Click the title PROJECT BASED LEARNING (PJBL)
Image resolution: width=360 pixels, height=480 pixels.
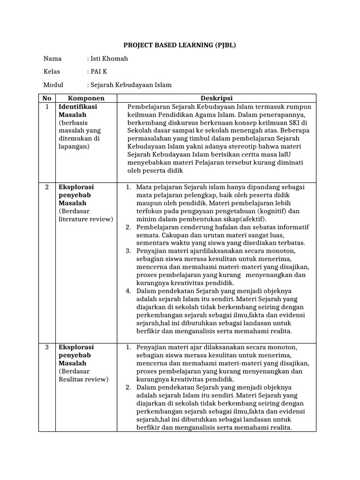(x=180, y=45)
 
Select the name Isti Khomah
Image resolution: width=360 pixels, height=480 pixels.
(x=109, y=59)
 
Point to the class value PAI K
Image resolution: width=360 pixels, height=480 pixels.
(x=99, y=72)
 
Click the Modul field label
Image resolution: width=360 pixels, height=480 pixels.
(x=53, y=85)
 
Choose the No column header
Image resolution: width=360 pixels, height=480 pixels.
(x=46, y=98)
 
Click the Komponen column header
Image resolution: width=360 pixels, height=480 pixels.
(x=86, y=98)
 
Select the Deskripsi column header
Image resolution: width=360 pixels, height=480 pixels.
(x=216, y=98)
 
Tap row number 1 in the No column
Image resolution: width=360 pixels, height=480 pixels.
(x=46, y=107)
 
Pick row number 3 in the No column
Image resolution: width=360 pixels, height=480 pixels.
(x=46, y=347)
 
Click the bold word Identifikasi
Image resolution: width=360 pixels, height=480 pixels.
(x=77, y=107)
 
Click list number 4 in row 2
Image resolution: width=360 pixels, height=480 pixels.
(x=128, y=291)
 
